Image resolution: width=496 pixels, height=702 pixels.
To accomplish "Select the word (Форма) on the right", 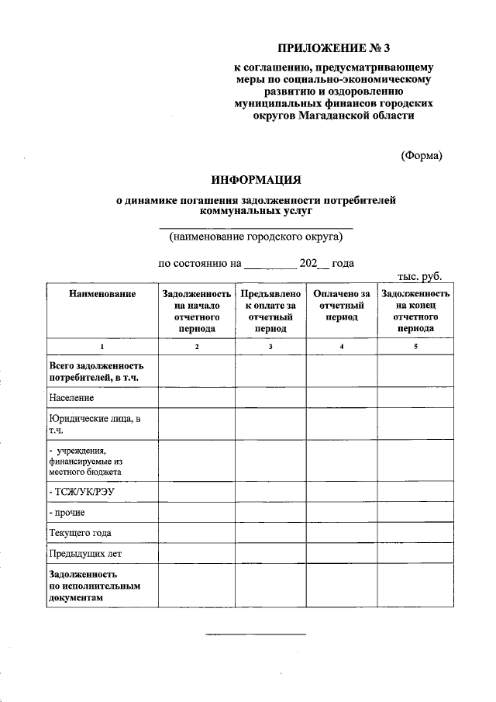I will click(422, 155).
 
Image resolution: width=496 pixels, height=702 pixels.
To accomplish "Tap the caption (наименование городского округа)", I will click(256, 237).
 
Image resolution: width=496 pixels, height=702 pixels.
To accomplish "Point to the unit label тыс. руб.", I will click(419, 275).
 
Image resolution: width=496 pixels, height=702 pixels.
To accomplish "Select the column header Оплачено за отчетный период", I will click(342, 306).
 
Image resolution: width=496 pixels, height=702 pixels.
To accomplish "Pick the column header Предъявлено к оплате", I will click(270, 311).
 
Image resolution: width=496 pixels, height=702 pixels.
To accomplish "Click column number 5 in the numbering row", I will click(415, 346).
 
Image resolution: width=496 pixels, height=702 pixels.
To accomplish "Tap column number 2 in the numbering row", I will click(197, 346).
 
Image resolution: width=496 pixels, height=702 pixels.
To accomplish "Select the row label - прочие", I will click(67, 513).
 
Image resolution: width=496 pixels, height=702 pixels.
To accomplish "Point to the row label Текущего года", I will click(80, 533).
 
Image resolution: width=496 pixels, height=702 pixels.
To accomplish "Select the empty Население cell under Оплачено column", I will click(342, 397).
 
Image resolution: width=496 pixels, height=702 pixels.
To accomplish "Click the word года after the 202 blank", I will click(343, 263).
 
